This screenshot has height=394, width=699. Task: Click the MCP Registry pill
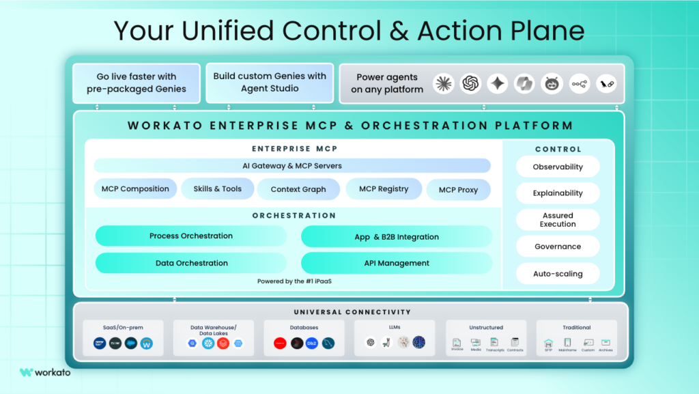[x=384, y=189]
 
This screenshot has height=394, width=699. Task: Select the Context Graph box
[x=298, y=189]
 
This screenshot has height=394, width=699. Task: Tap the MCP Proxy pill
[x=458, y=190]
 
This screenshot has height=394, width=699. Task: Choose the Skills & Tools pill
[x=217, y=189]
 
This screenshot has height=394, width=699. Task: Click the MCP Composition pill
[x=135, y=189]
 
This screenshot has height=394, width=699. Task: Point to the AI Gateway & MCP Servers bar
[x=292, y=166]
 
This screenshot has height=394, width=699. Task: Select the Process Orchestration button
[x=191, y=236]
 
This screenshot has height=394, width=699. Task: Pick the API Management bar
[x=397, y=263]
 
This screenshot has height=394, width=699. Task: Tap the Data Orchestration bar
[x=191, y=263]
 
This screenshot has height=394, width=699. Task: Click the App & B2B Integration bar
[x=397, y=237]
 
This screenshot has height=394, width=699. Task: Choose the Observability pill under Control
[x=558, y=167]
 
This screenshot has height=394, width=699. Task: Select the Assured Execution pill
[x=558, y=220]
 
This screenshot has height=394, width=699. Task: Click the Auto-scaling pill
[x=558, y=274]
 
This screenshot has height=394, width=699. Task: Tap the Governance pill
[x=558, y=247]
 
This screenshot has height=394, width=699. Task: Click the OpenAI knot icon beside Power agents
[x=470, y=83]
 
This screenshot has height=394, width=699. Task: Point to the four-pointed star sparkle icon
[x=498, y=83]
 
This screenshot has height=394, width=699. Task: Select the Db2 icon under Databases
[x=313, y=343]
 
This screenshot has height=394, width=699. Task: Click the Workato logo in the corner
[x=45, y=372]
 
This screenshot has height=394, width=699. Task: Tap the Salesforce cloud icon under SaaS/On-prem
[x=131, y=343]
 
